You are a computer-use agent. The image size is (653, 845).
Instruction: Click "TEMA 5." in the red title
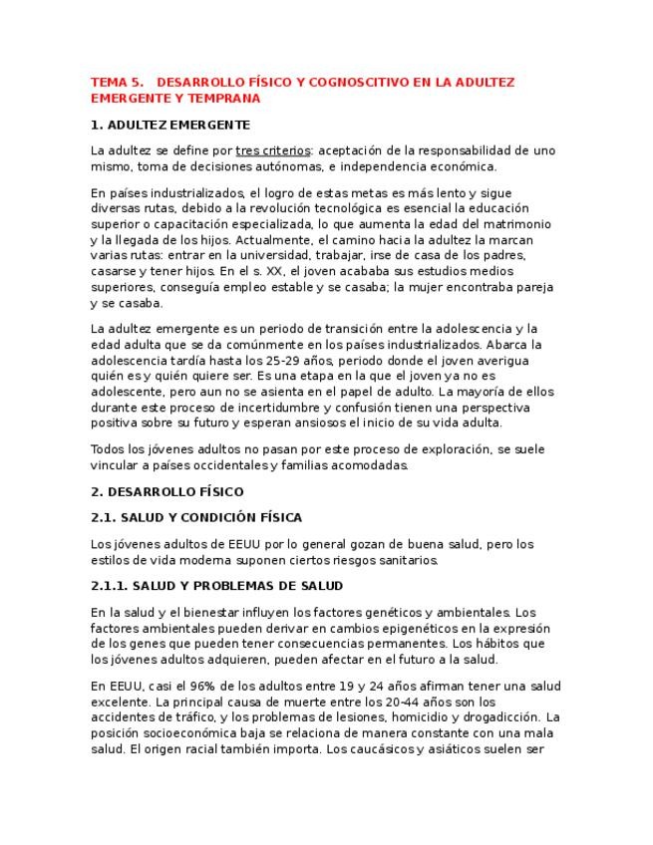(x=117, y=83)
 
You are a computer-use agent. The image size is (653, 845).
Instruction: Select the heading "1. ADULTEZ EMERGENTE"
(x=169, y=125)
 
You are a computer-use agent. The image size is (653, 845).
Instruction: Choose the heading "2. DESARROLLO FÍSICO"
(x=166, y=491)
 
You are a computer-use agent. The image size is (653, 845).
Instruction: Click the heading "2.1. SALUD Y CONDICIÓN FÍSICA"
(x=196, y=517)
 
